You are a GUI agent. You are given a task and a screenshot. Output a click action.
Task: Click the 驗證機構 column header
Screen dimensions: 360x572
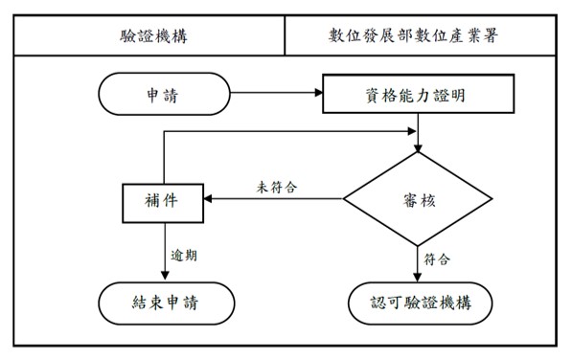(x=152, y=37)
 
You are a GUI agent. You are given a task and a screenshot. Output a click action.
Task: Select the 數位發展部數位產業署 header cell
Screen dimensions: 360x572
(x=422, y=37)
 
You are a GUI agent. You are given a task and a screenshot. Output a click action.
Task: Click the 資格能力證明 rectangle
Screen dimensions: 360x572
(x=418, y=95)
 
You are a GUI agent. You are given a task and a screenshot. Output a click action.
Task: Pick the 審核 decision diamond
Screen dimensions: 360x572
(x=419, y=199)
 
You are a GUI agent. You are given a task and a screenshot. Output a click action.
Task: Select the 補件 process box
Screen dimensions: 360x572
(x=160, y=200)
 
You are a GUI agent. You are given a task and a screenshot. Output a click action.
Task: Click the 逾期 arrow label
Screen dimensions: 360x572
(x=184, y=255)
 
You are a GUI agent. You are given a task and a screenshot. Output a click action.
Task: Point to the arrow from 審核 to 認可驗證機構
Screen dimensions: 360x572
(x=419, y=259)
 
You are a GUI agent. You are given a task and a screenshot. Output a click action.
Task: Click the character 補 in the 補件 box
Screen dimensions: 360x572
(x=149, y=200)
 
